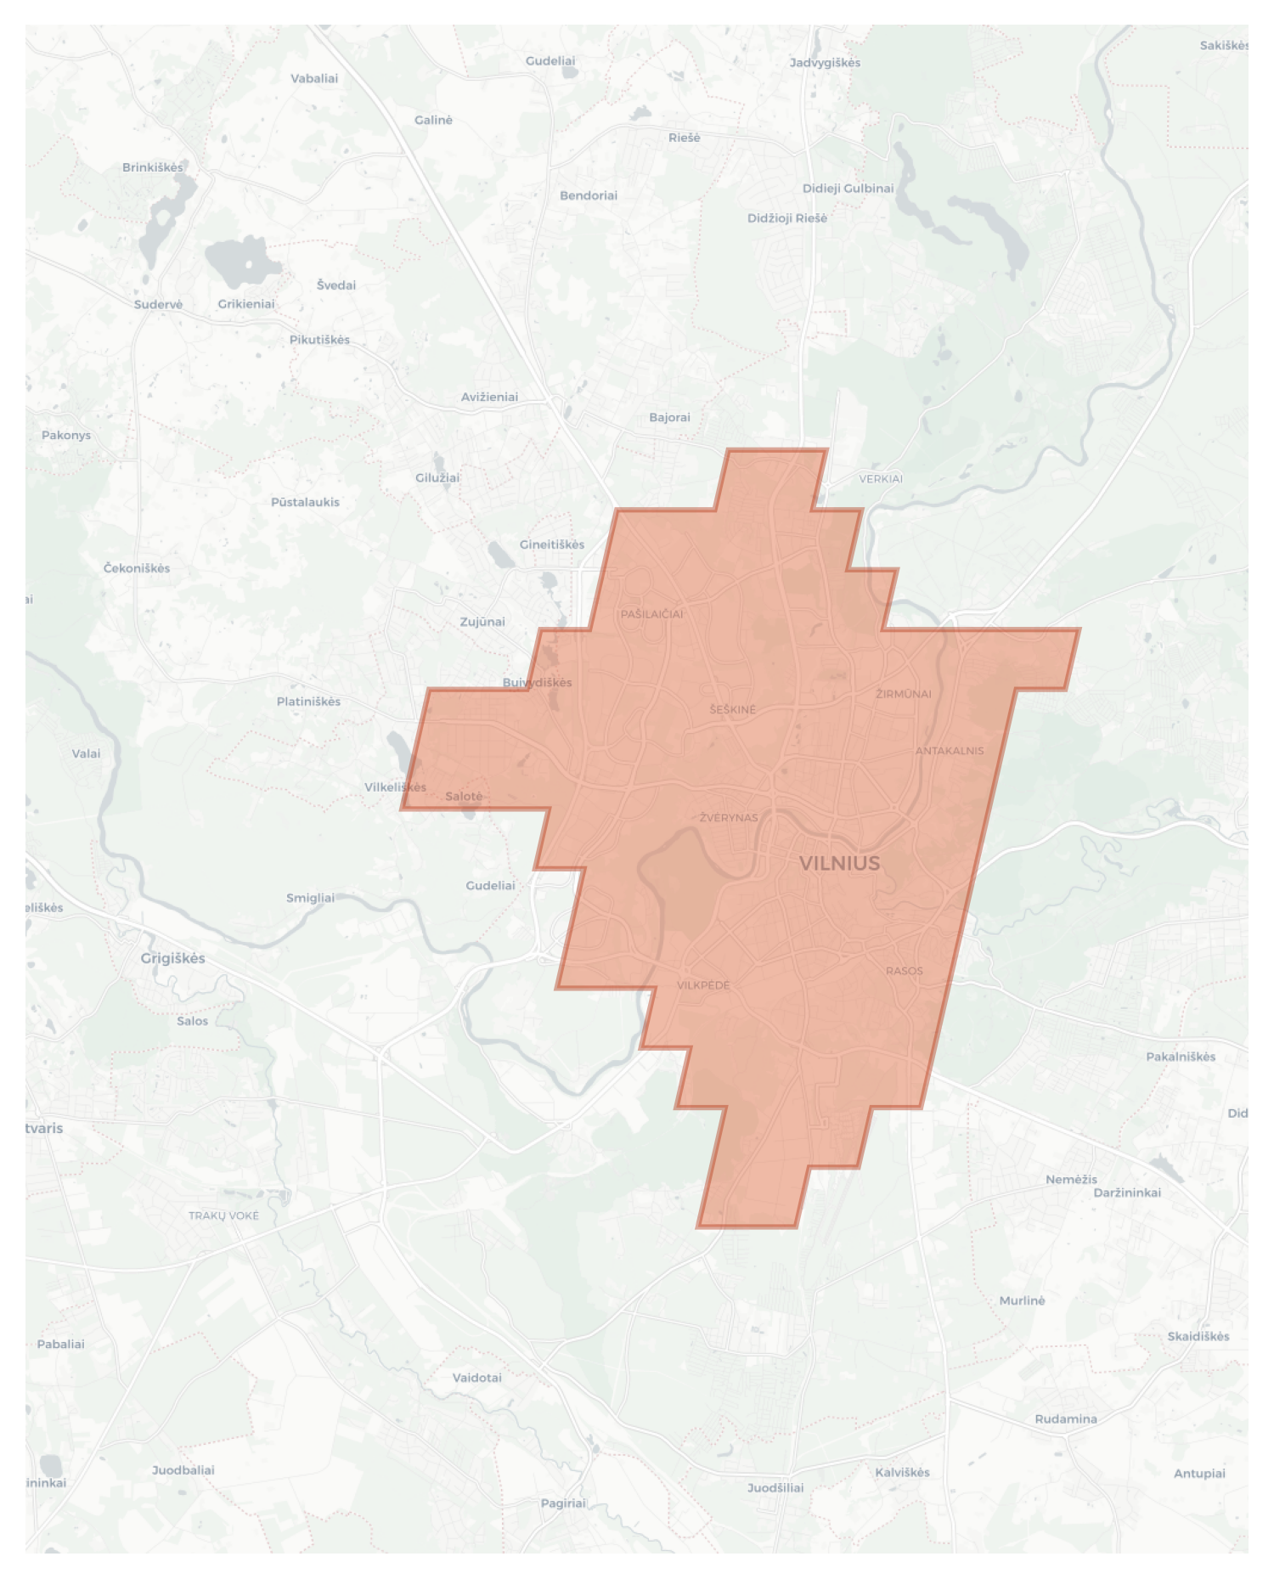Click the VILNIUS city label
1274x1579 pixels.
click(839, 863)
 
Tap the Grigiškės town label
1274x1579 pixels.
click(172, 958)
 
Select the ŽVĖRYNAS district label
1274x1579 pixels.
click(729, 818)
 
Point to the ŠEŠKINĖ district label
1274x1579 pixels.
click(733, 709)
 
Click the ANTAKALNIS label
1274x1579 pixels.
click(950, 751)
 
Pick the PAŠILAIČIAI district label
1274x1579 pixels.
click(651, 614)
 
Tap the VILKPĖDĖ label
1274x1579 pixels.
click(703, 985)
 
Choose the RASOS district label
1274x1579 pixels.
click(904, 971)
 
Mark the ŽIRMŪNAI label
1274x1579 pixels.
click(904, 694)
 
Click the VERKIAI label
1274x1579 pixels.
click(881, 479)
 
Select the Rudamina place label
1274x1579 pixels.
click(1065, 1419)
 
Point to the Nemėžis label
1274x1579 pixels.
click(1071, 1179)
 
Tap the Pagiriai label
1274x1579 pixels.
click(563, 1503)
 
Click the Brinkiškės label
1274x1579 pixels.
click(153, 167)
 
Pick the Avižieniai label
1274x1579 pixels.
click(489, 397)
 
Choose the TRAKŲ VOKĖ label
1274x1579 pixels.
click(223, 1215)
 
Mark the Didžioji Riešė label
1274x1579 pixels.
click(786, 218)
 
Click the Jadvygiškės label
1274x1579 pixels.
click(825, 63)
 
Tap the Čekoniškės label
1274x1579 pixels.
click(137, 568)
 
